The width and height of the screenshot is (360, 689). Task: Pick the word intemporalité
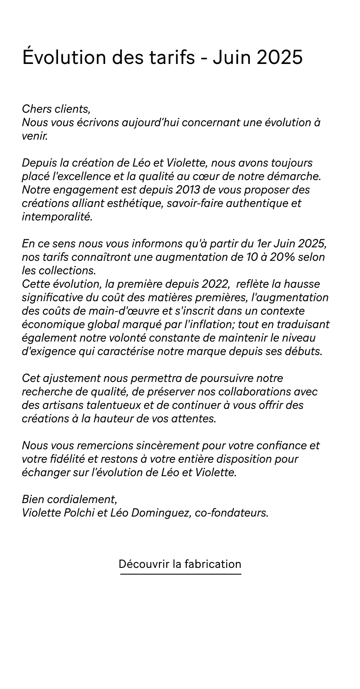[x=56, y=217]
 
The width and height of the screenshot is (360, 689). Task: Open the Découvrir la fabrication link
[x=180, y=564]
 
